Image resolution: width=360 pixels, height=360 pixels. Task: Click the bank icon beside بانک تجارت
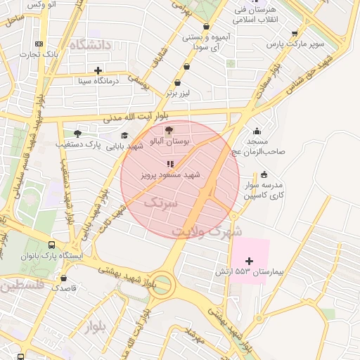39,44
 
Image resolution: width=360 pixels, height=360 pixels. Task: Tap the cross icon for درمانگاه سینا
98,70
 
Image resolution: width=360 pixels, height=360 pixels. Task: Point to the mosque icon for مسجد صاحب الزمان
257,130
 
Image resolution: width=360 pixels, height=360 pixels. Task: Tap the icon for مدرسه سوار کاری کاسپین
264,174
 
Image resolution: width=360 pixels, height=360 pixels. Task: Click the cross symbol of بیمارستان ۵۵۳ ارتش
248,261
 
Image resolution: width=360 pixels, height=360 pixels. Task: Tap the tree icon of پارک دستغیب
77,133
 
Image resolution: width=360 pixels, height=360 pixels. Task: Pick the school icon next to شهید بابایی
124,136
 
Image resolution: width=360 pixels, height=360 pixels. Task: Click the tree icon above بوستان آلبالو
167,130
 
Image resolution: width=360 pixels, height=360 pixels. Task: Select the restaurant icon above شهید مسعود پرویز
169,163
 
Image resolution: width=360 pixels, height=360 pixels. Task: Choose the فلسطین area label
22,285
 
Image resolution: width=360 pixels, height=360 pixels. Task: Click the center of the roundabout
161,285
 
